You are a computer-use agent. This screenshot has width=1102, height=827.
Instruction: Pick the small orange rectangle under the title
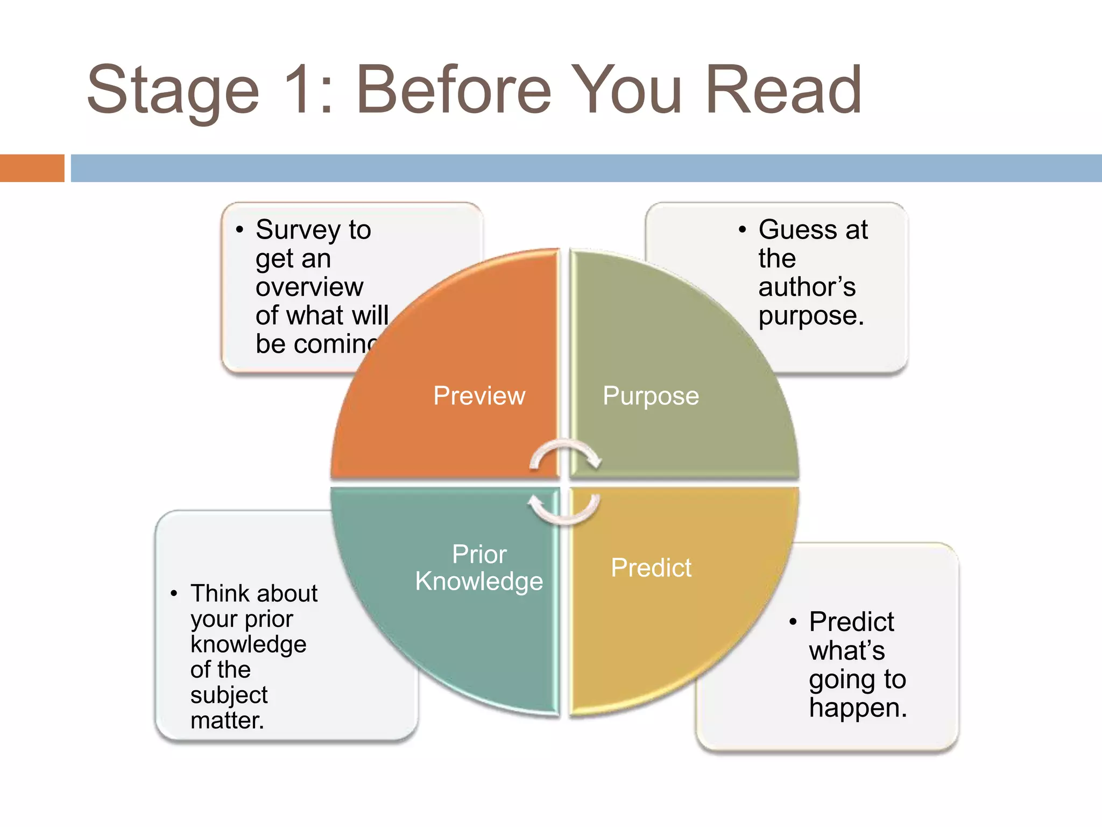tap(32, 168)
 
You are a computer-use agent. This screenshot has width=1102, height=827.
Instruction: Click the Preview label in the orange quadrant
tap(479, 396)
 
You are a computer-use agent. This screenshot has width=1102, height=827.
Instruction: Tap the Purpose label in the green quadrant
tap(651, 396)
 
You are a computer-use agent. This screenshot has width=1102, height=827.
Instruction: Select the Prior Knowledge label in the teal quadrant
tap(479, 568)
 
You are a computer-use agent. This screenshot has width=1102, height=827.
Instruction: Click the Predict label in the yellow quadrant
tap(651, 567)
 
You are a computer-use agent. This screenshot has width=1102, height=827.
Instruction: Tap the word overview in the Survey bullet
tap(309, 286)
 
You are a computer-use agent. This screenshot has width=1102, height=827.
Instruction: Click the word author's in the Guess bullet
tap(807, 286)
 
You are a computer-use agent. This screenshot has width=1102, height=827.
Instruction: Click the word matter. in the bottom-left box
tap(227, 720)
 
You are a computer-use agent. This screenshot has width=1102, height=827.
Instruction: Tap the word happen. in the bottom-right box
tap(858, 707)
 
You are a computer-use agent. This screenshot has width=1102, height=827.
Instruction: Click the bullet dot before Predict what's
tap(793, 622)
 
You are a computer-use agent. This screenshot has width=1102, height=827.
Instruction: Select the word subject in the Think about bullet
tap(229, 695)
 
